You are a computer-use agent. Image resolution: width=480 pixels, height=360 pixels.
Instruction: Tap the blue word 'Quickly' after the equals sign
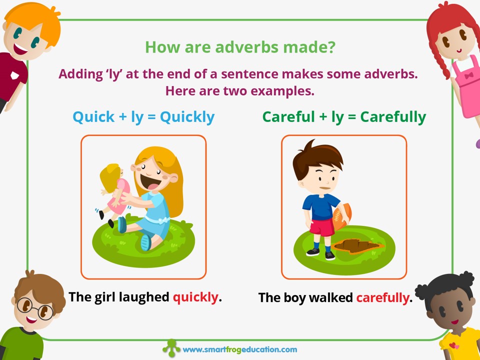click(x=187, y=117)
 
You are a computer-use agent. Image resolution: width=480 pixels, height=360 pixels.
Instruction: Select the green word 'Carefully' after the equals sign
click(x=393, y=117)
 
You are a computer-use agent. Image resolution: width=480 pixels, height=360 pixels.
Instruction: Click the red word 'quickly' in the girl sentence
click(x=196, y=297)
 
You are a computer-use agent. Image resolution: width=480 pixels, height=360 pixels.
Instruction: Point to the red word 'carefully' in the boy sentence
click(x=383, y=298)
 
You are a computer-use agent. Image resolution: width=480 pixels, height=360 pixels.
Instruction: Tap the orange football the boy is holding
click(x=342, y=216)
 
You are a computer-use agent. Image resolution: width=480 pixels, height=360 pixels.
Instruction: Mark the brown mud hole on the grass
click(x=356, y=246)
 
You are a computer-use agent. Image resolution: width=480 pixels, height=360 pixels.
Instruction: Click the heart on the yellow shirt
click(x=453, y=346)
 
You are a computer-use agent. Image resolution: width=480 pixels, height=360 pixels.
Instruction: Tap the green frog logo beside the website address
click(x=171, y=348)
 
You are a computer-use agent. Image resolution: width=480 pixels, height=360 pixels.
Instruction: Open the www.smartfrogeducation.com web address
click(x=239, y=349)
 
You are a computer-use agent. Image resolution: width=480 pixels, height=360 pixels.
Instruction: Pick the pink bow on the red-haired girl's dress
click(x=468, y=75)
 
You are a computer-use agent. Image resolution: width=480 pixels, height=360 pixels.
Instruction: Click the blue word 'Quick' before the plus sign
click(x=93, y=117)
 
